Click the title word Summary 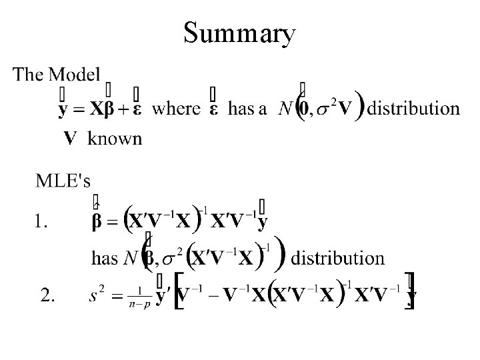239,33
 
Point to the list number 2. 49,297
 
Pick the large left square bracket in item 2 177,295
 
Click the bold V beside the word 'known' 70,139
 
